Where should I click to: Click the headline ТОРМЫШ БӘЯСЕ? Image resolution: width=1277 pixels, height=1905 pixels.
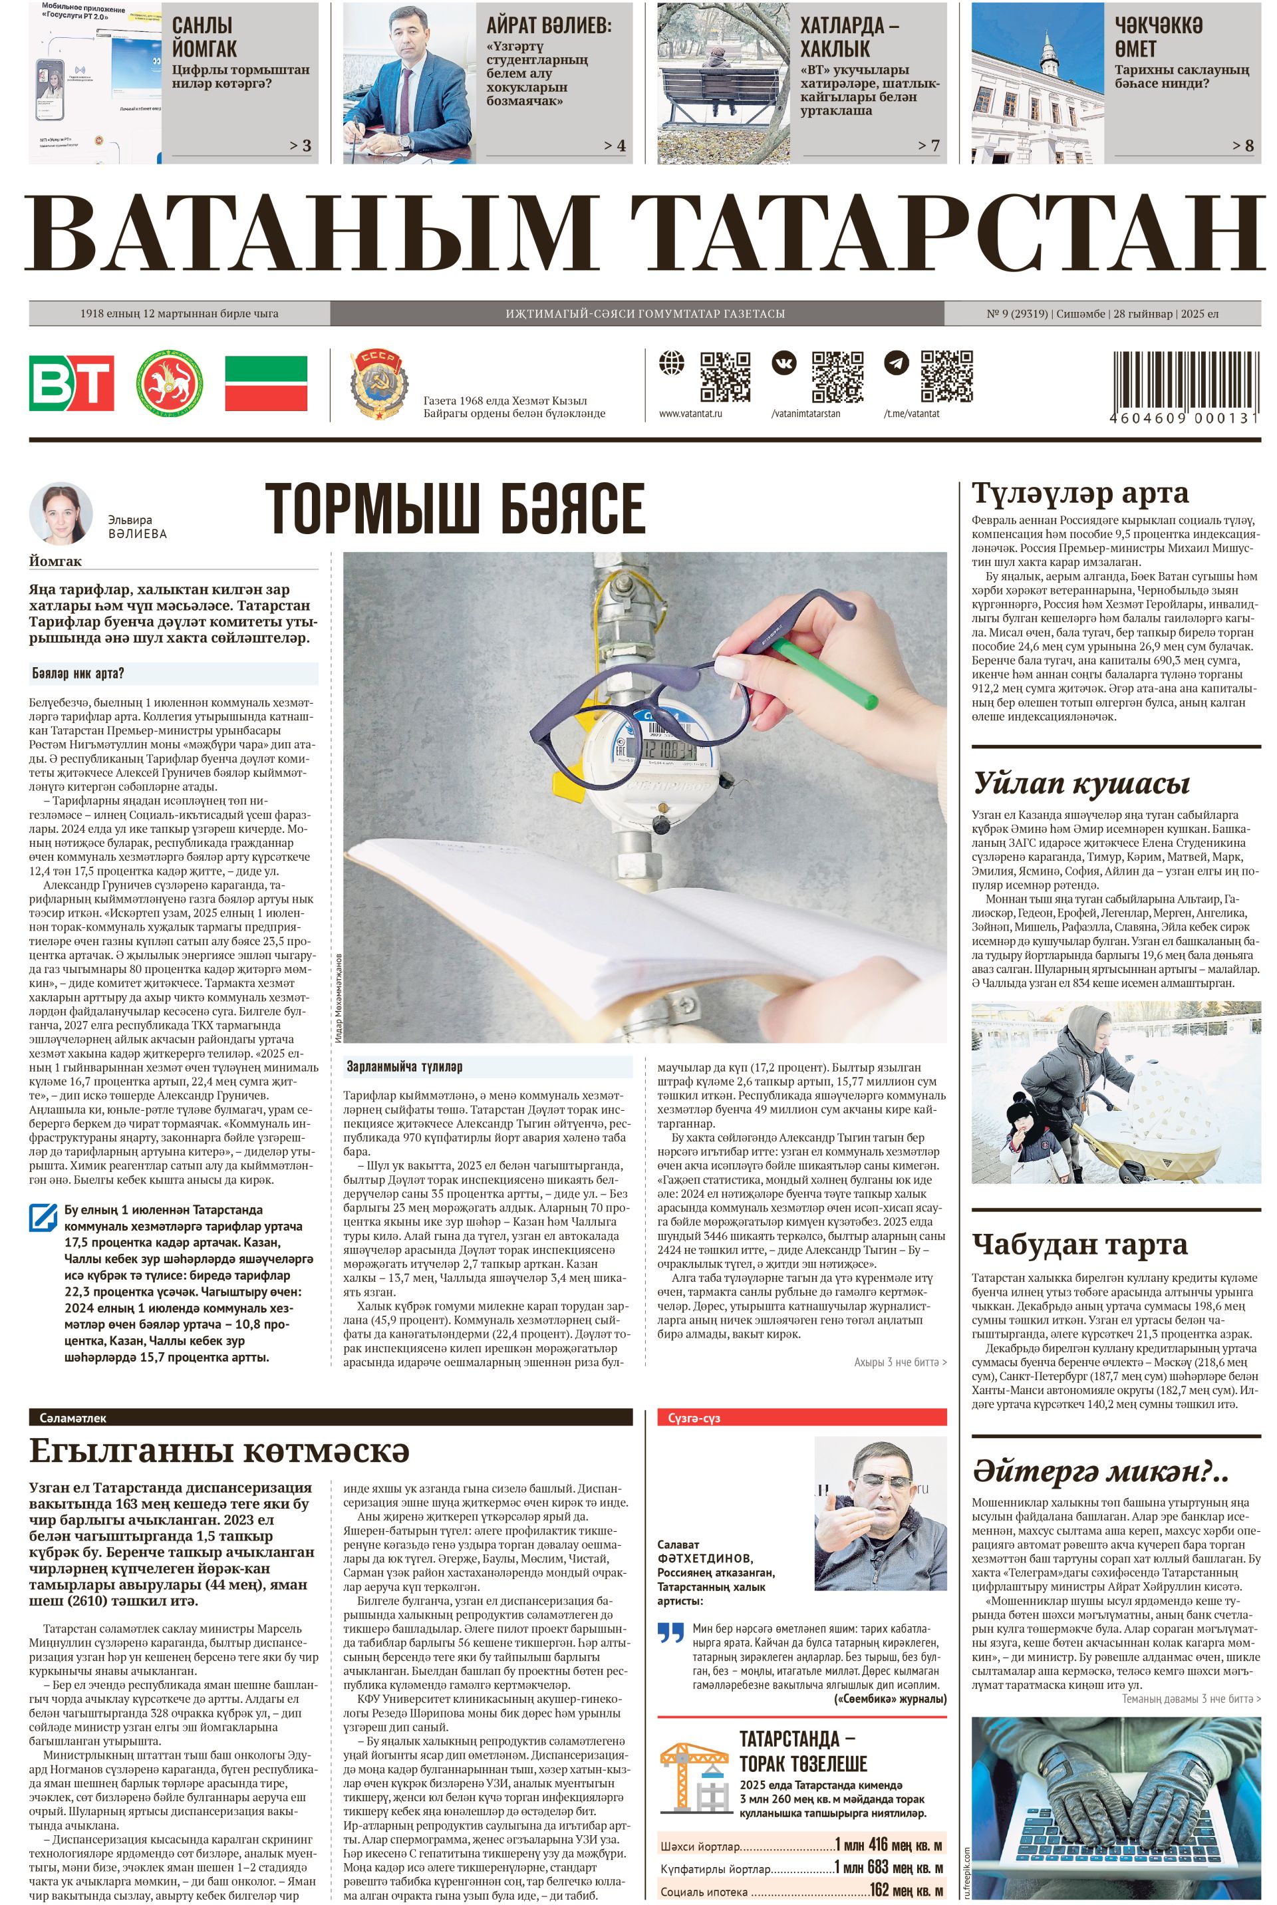coord(454,508)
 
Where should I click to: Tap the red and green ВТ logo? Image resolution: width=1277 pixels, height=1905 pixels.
coord(72,382)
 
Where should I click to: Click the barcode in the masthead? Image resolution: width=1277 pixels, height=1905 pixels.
coord(1185,380)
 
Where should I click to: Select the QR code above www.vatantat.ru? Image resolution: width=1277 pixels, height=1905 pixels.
coord(725,376)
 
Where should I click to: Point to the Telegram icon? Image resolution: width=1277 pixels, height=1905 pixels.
coord(897,363)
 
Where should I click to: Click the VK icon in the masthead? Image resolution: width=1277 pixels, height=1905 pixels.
coord(784,363)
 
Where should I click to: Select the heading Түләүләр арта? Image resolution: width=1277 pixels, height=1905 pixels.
coord(1079,494)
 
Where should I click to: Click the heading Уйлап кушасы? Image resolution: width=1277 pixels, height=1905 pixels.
coord(1081,784)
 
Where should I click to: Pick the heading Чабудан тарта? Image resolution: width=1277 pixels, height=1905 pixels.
coord(1079,1245)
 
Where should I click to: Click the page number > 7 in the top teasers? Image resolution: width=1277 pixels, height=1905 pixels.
coord(928,146)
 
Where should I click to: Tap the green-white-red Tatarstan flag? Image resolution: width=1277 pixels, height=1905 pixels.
coord(265,382)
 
